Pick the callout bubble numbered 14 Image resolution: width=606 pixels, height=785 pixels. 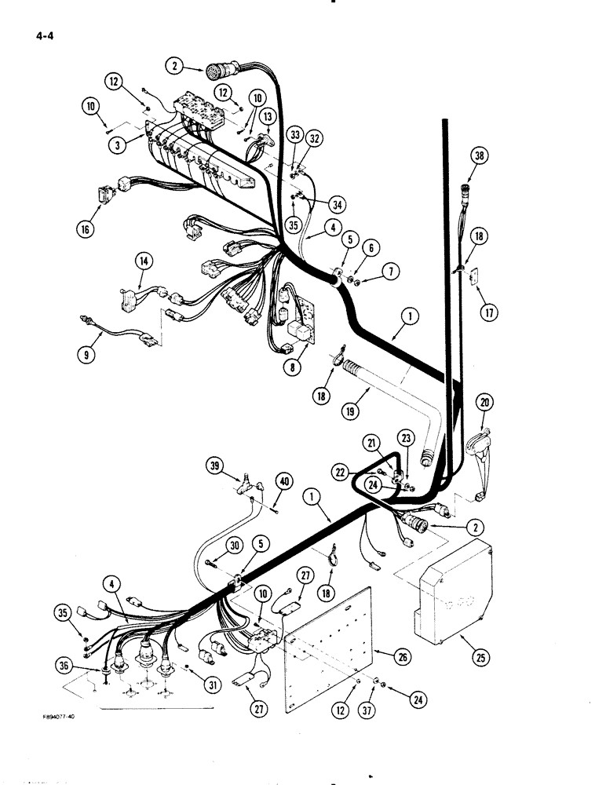coord(145,261)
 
